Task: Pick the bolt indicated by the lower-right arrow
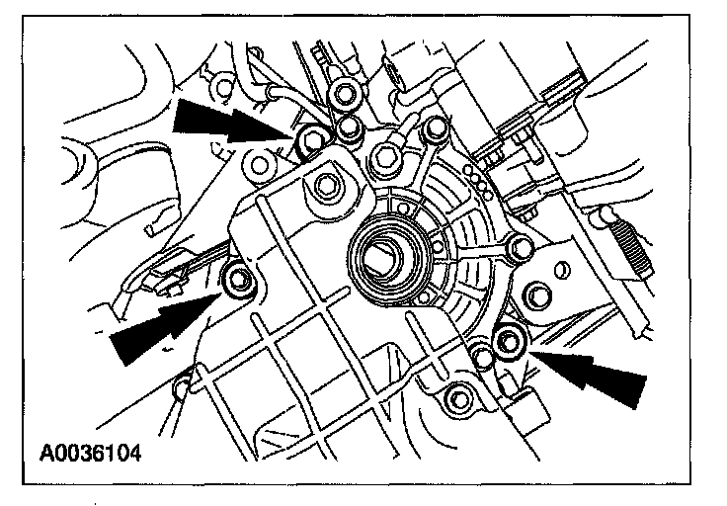click(510, 342)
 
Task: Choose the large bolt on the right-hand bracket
click(539, 295)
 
